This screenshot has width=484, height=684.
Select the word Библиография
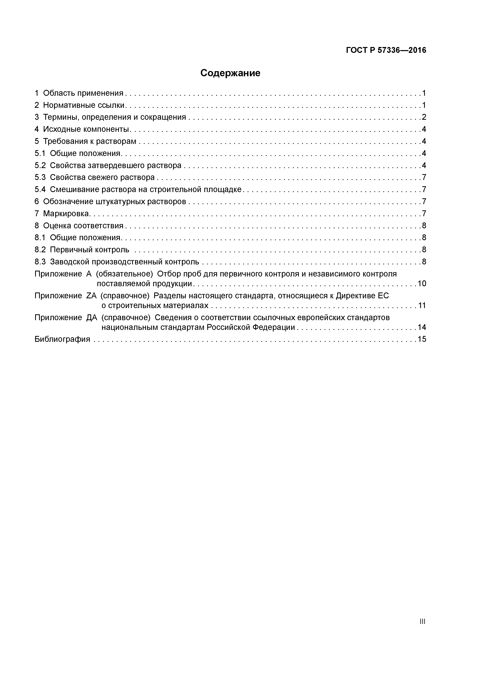(62, 339)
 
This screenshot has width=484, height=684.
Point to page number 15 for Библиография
(422, 339)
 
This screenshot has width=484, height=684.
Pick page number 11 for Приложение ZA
(422, 305)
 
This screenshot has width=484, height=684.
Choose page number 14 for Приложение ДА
(422, 327)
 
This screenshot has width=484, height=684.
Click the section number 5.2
(40, 165)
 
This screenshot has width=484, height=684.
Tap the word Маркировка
(66, 214)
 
